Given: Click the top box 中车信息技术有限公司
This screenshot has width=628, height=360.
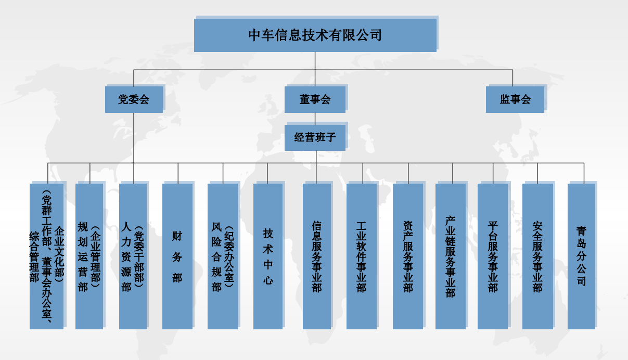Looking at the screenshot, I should (x=315, y=35).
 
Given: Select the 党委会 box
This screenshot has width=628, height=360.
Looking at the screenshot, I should (x=134, y=99).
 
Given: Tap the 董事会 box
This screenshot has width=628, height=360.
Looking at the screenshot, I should (x=315, y=99).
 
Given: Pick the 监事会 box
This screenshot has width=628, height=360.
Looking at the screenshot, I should (x=515, y=99).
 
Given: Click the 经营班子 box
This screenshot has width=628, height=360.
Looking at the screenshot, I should (x=315, y=138).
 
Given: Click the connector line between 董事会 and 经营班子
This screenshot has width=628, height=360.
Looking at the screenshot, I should (x=315, y=119).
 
